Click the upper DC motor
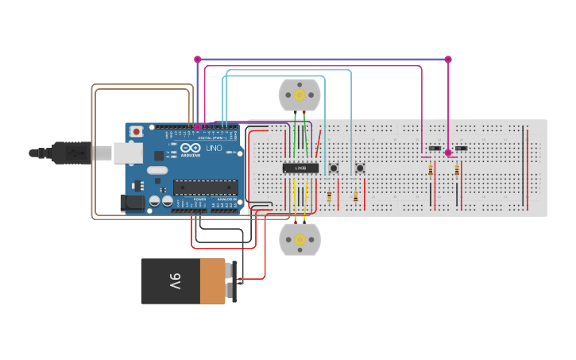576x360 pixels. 300,95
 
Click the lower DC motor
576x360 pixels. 300,239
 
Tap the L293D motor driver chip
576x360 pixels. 300,168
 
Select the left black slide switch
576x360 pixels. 435,149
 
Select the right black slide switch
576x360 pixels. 461,149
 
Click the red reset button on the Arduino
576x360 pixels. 137,131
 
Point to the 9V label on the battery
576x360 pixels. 175,281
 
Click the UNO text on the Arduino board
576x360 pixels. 215,148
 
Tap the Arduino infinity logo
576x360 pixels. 191,147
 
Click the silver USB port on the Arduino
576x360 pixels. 127,153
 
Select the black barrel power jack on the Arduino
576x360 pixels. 133,203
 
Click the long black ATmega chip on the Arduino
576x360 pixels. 206,188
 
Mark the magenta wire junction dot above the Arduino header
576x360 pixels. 198,126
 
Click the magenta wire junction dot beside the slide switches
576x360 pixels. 448,153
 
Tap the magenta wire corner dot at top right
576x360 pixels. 448,59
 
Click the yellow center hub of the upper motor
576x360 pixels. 300,95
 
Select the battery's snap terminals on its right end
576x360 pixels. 232,281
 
